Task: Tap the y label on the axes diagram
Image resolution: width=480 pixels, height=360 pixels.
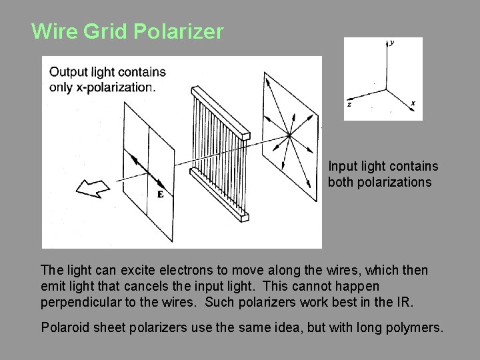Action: click(392, 43)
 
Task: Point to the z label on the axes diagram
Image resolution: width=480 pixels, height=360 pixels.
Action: click(349, 104)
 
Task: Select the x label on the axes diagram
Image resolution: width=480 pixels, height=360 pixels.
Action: click(413, 103)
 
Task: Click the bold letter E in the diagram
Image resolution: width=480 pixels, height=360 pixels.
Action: click(161, 195)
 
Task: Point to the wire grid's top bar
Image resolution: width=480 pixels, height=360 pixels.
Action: click(220, 109)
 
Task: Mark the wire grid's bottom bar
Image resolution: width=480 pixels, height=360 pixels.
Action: click(220, 193)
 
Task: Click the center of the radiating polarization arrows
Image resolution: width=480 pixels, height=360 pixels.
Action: click(289, 136)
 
